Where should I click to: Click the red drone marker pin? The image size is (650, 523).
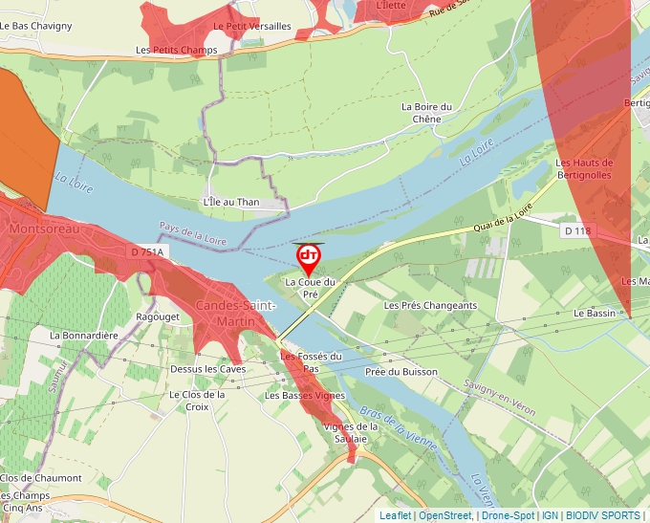click(x=309, y=257)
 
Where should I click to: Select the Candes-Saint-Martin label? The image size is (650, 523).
click(x=235, y=313)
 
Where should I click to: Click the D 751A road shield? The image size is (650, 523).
click(x=147, y=251)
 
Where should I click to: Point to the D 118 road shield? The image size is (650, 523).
click(x=576, y=230)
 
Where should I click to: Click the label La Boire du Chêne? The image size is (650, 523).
click(x=426, y=113)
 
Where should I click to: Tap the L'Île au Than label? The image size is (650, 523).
click(x=231, y=202)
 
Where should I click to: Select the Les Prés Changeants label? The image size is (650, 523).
click(x=430, y=305)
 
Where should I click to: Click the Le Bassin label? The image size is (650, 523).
click(x=595, y=313)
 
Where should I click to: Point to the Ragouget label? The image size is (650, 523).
click(x=158, y=316)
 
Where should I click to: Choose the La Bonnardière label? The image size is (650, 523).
click(x=84, y=336)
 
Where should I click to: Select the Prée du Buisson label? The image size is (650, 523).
click(x=401, y=371)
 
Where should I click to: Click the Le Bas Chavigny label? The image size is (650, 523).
click(x=35, y=26)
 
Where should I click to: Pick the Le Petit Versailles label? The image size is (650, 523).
click(x=252, y=27)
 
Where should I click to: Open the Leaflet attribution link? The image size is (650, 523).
click(x=395, y=515)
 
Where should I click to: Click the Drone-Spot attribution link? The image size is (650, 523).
click(x=509, y=515)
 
